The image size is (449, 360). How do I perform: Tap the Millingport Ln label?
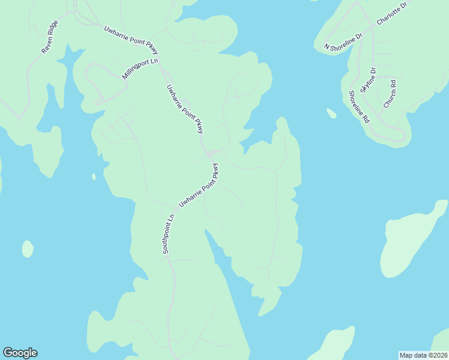pyautogui.click(x=140, y=69)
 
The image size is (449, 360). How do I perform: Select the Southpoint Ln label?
pyautogui.click(x=168, y=234)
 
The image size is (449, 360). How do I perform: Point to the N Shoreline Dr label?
pyautogui.click(x=343, y=41)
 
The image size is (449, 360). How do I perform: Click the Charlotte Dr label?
pyautogui.click(x=391, y=13)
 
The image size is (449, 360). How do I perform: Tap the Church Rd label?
pyautogui.click(x=390, y=94)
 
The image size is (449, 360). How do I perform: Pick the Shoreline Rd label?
pyautogui.click(x=358, y=106)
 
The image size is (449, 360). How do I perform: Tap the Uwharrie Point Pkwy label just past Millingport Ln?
pyautogui.click(x=185, y=109)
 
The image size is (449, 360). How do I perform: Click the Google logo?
pyautogui.click(x=20, y=353)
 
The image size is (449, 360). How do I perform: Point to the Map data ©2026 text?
pyautogui.click(x=423, y=355)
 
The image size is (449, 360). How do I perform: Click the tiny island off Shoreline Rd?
pyautogui.click(x=331, y=113)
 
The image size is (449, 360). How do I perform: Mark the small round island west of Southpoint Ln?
pyautogui.click(x=28, y=248)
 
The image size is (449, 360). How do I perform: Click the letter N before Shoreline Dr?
pyautogui.click(x=327, y=46)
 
